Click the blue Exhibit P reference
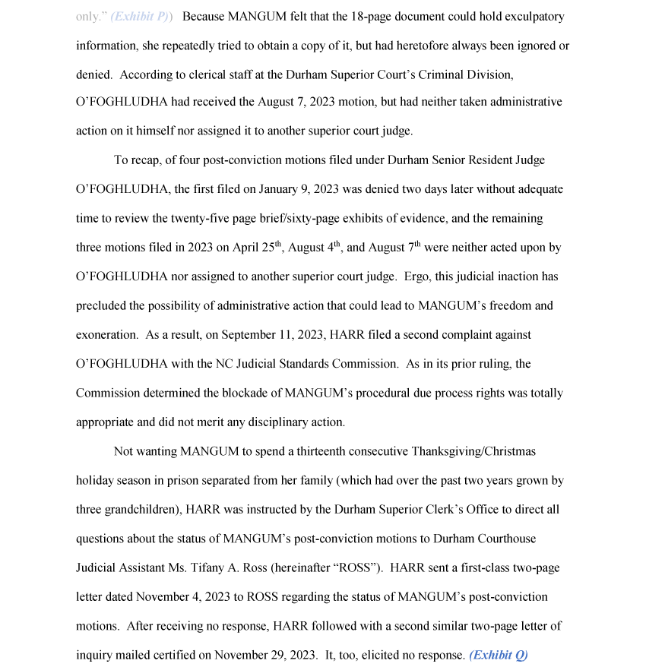[x=141, y=16]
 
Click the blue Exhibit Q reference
[x=499, y=655]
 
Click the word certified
[x=181, y=655]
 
